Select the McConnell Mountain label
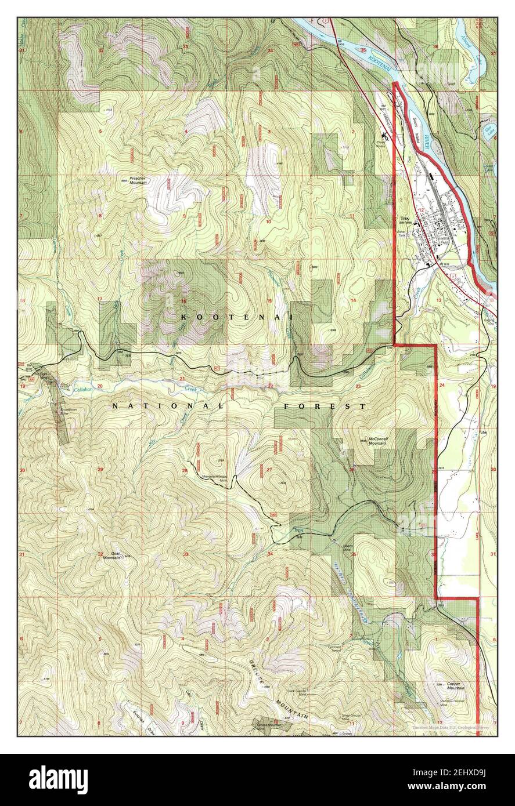tap(377, 441)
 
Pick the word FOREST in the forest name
tap(325, 406)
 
